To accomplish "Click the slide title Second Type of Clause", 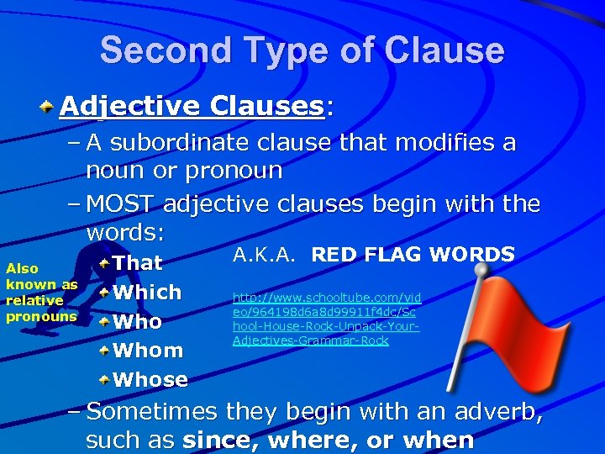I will pyautogui.click(x=302, y=50).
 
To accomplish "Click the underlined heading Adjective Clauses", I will pyautogui.click(x=192, y=106).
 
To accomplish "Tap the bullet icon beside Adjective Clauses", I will pyautogui.click(x=48, y=107).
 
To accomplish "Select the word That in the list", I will pyautogui.click(x=138, y=263).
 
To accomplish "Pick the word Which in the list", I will pyautogui.click(x=147, y=293).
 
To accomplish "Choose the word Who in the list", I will pyautogui.click(x=138, y=322).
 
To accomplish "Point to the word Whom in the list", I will pyautogui.click(x=148, y=351).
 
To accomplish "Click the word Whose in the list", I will pyautogui.click(x=150, y=380).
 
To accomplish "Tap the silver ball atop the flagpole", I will pyautogui.click(x=481, y=271).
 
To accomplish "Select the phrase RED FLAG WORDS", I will pyautogui.click(x=413, y=254).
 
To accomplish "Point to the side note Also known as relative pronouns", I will pyautogui.click(x=41, y=293).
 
